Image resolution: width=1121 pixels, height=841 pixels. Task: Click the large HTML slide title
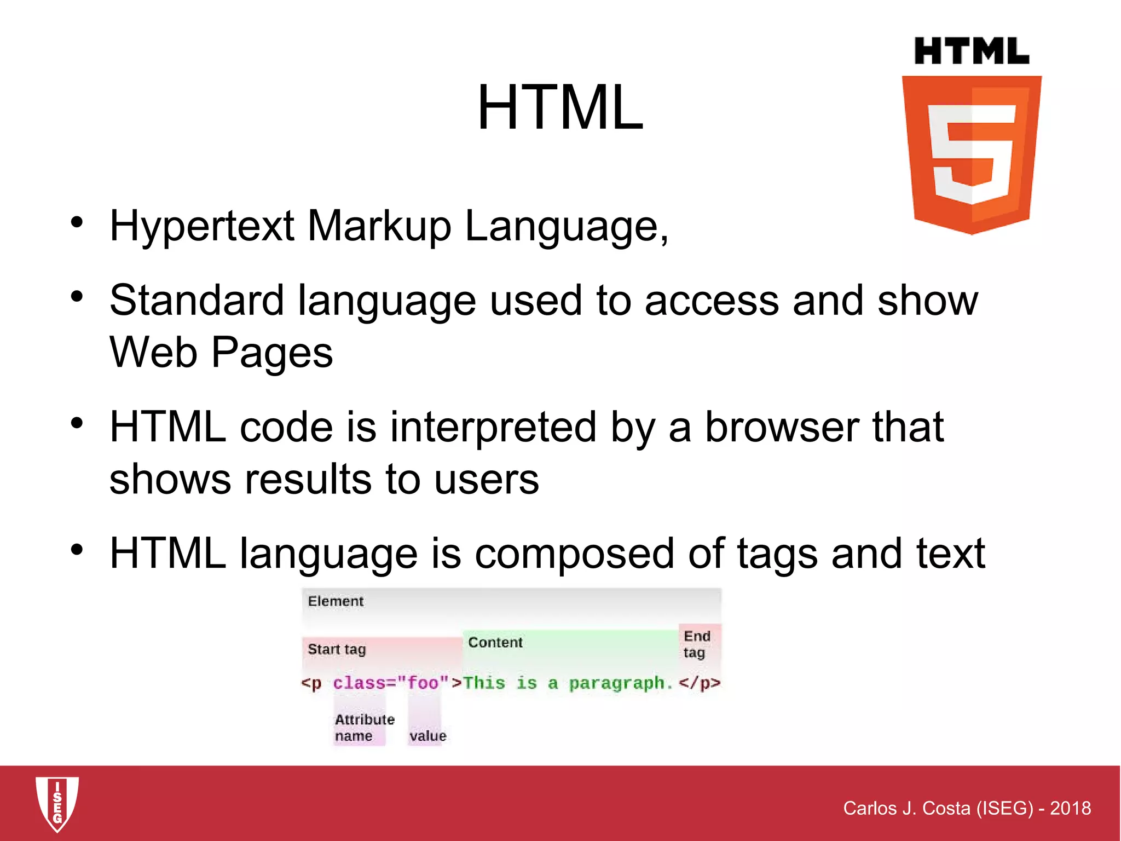pyautogui.click(x=560, y=107)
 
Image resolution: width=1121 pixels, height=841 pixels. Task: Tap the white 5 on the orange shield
pyautogui.click(x=972, y=153)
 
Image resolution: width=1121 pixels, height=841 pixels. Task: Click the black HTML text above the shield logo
pyautogui.click(x=972, y=51)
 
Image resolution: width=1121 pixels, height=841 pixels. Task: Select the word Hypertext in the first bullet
pyautogui.click(x=202, y=226)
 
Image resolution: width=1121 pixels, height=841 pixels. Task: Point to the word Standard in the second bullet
pyautogui.click(x=197, y=301)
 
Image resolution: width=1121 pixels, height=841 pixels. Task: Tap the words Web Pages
pyautogui.click(x=221, y=353)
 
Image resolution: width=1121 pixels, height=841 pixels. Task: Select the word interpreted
pyautogui.click(x=493, y=428)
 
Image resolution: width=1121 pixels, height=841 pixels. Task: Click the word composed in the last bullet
pyautogui.click(x=574, y=555)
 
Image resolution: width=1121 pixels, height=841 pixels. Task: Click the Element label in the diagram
pyautogui.click(x=336, y=601)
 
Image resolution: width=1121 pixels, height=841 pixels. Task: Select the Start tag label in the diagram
pyautogui.click(x=337, y=649)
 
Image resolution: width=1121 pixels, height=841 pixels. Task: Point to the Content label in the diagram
pyautogui.click(x=495, y=642)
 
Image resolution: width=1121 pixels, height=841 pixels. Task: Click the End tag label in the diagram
pyautogui.click(x=696, y=644)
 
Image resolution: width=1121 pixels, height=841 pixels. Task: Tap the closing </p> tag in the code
pyautogui.click(x=700, y=683)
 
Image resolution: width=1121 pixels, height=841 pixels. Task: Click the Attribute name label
pyautogui.click(x=364, y=728)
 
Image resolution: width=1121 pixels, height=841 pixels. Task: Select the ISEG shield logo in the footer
pyautogui.click(x=57, y=803)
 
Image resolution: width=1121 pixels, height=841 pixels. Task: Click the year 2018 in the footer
pyautogui.click(x=1070, y=808)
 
